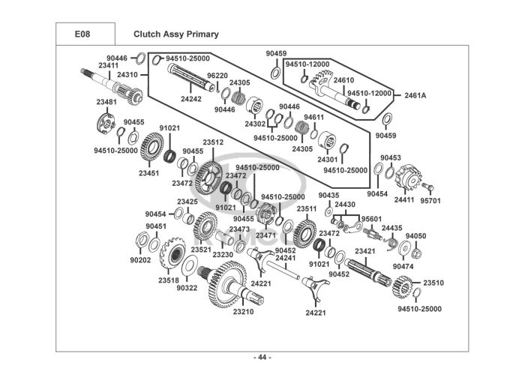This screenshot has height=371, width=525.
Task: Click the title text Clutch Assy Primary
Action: pyautogui.click(x=175, y=34)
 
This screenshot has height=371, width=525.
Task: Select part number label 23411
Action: pyautogui.click(x=108, y=66)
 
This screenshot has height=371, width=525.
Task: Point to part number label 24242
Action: pyautogui.click(x=190, y=98)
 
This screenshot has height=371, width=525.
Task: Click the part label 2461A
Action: pyautogui.click(x=415, y=95)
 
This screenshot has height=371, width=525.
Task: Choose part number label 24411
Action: pyautogui.click(x=404, y=200)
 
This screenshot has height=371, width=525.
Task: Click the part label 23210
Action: pyautogui.click(x=243, y=311)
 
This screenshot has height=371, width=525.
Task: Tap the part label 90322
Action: pyautogui.click(x=187, y=288)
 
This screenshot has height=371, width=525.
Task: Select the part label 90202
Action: pyautogui.click(x=140, y=260)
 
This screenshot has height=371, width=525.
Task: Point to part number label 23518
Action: pyautogui.click(x=168, y=280)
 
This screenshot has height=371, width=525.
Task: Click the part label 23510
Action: pyautogui.click(x=433, y=283)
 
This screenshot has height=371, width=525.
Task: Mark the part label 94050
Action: pyautogui.click(x=415, y=235)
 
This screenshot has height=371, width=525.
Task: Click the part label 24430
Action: pyautogui.click(x=345, y=204)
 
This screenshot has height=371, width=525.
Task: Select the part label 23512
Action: pyautogui.click(x=213, y=142)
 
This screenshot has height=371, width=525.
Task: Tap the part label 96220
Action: pyautogui.click(x=217, y=76)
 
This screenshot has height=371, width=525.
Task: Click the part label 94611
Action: pyautogui.click(x=313, y=117)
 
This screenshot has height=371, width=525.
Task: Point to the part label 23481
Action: pyautogui.click(x=106, y=102)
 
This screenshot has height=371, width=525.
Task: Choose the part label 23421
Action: pyautogui.click(x=365, y=251)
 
